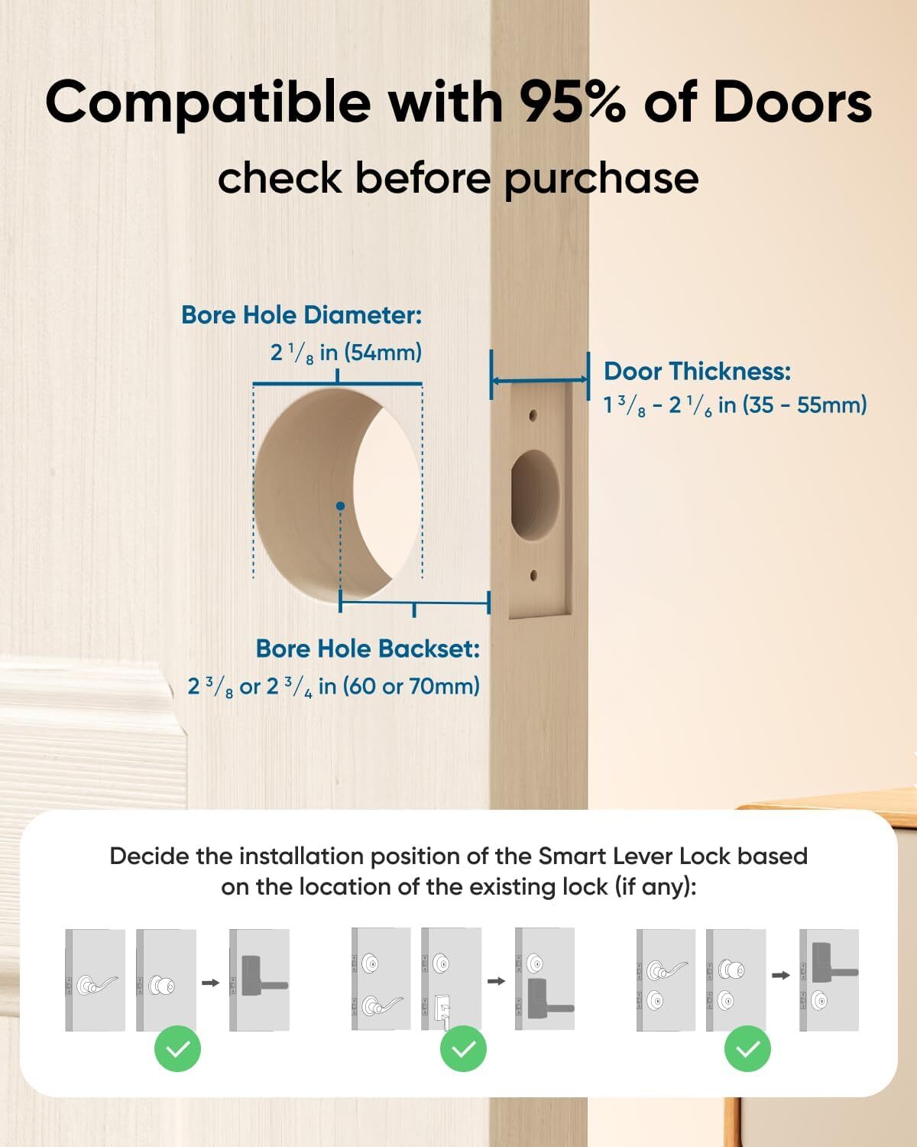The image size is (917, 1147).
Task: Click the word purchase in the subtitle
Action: pyautogui.click(x=601, y=178)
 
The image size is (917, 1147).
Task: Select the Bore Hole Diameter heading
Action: pyautogui.click(x=301, y=315)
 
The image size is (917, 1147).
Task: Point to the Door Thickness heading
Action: pyautogui.click(x=697, y=372)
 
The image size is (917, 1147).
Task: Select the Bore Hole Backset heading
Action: pyautogui.click(x=368, y=648)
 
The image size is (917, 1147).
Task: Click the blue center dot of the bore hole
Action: pyautogui.click(x=340, y=506)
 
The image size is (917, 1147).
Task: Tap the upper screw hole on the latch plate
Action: pyautogui.click(x=533, y=416)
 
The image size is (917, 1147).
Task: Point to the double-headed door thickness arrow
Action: pyautogui.click(x=540, y=380)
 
